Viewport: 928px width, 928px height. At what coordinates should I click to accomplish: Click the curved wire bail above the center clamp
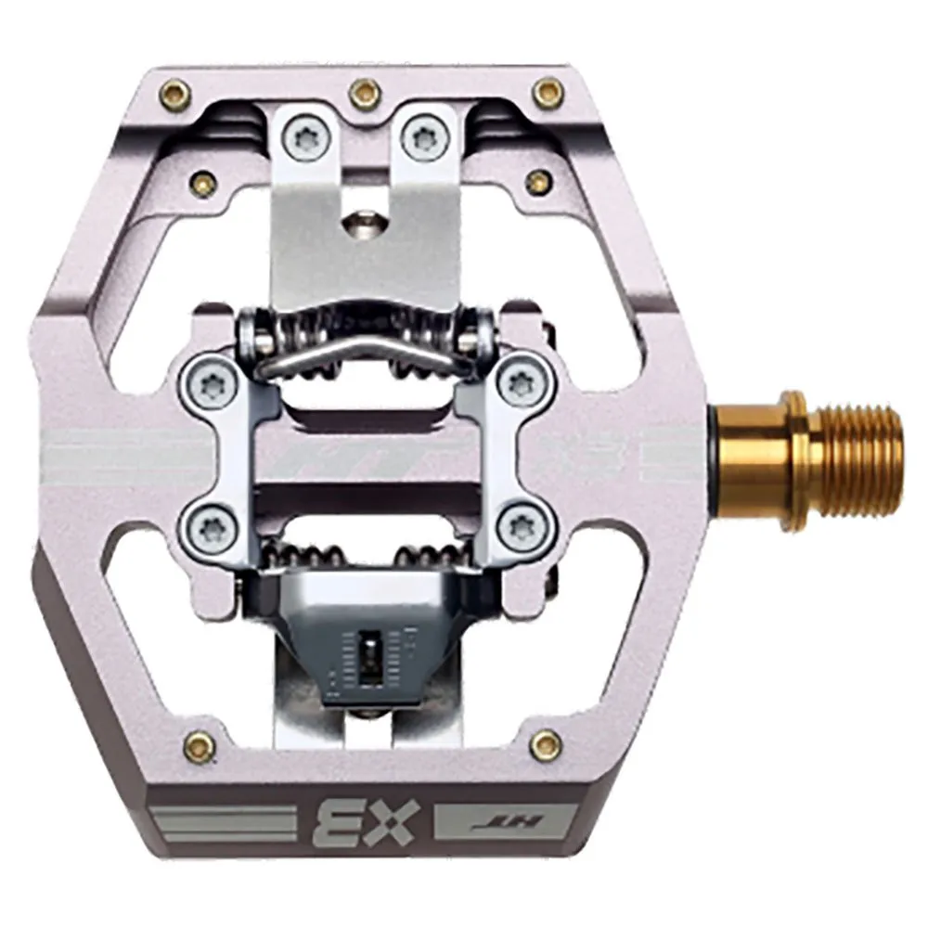(362, 350)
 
